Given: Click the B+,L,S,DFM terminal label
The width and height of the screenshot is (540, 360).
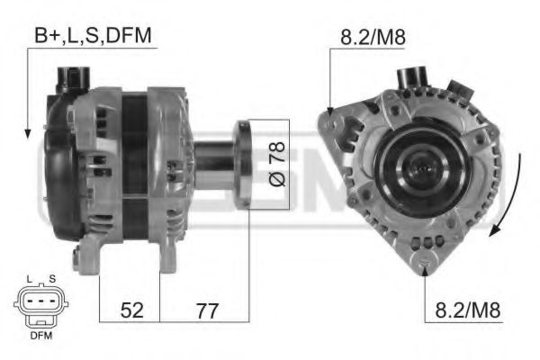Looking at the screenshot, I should [x=94, y=35].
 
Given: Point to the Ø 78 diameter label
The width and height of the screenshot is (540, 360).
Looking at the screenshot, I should [x=276, y=165].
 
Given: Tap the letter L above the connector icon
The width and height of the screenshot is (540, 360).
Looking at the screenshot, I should [x=30, y=280].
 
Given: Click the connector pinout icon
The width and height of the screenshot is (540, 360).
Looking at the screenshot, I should [x=39, y=306].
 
